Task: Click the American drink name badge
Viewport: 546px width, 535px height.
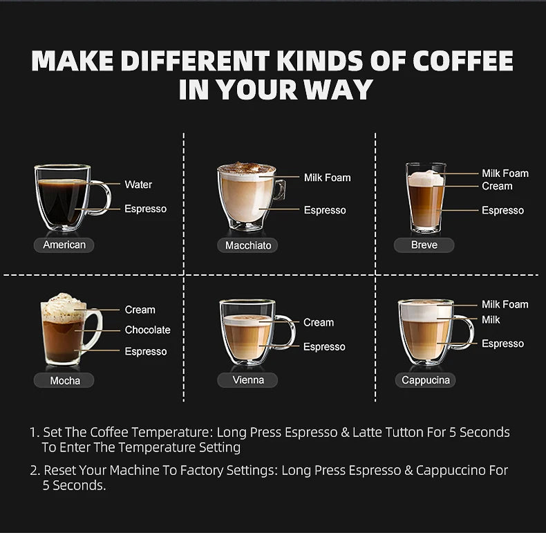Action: [x=64, y=245]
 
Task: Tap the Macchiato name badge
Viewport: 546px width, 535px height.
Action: [x=247, y=245]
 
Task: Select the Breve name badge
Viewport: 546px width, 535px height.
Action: [x=424, y=245]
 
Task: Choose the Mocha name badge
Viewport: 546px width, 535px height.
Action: [x=64, y=380]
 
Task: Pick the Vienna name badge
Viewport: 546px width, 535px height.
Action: [x=247, y=379]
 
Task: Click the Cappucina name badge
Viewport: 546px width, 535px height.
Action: [x=425, y=380]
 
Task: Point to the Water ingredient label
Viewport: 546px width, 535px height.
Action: [x=138, y=185]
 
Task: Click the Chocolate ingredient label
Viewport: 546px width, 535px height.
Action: [x=148, y=330]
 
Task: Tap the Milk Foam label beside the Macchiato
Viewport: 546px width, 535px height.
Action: [x=328, y=178]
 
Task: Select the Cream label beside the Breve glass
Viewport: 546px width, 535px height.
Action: [x=497, y=186]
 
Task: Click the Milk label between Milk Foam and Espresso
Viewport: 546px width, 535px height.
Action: [x=491, y=320]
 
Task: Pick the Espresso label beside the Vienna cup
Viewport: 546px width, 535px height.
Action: [x=324, y=346]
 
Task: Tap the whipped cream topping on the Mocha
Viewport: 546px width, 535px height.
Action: [x=63, y=306]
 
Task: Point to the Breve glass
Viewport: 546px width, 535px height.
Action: [x=426, y=198]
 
